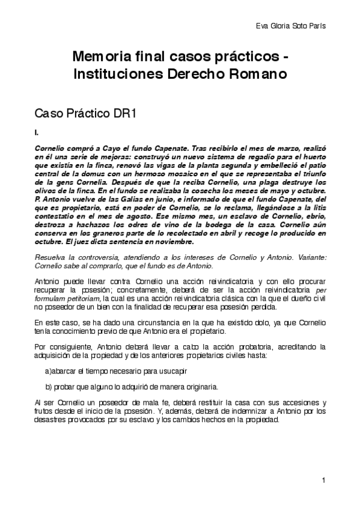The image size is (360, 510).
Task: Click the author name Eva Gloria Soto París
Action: [x=295, y=26]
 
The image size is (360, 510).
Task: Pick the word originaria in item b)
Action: [x=178, y=387]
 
